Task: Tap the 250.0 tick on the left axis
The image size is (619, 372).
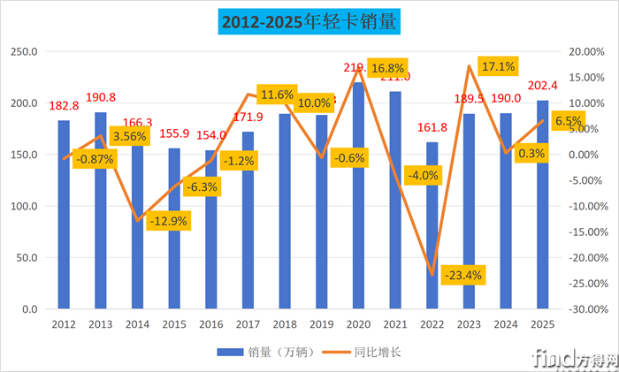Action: pos(25,51)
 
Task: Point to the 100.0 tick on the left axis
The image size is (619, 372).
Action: pos(25,207)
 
